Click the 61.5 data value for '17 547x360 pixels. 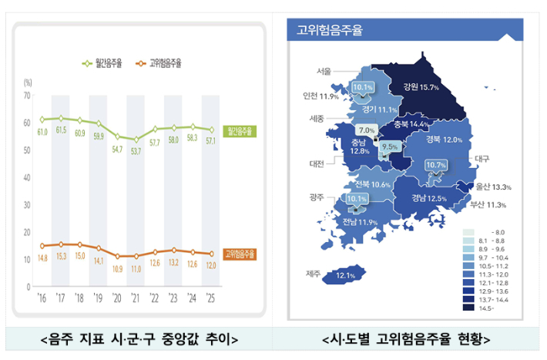tap(60, 130)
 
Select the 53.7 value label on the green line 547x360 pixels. tap(136, 152)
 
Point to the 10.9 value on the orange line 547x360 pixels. tap(118, 269)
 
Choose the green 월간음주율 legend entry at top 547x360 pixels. tap(102, 62)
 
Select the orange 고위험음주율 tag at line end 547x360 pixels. tap(241, 254)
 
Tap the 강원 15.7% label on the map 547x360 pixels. tap(420, 87)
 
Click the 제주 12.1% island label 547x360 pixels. tap(344, 275)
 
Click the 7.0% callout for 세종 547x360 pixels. tap(366, 130)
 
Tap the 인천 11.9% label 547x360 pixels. tap(320, 96)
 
